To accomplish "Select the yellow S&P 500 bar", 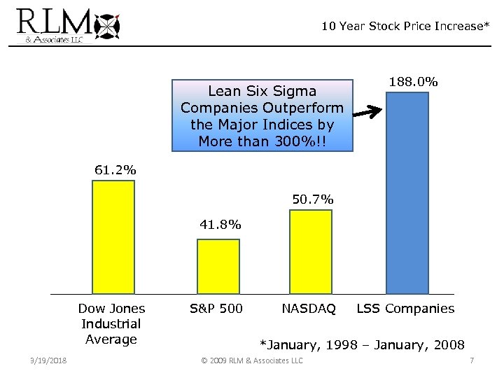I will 218,266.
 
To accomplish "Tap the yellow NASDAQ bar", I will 310,251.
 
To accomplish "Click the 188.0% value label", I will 413,82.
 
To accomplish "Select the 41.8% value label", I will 220,225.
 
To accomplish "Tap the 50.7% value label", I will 312,199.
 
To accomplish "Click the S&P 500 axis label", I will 217,309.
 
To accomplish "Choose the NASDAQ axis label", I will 309,309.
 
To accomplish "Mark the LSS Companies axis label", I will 405,309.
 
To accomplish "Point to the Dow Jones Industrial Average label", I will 111,323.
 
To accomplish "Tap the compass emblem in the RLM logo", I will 109,26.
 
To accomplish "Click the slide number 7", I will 472,360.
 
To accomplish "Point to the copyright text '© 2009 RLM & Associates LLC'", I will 252,360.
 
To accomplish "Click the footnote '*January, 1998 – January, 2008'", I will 362,344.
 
